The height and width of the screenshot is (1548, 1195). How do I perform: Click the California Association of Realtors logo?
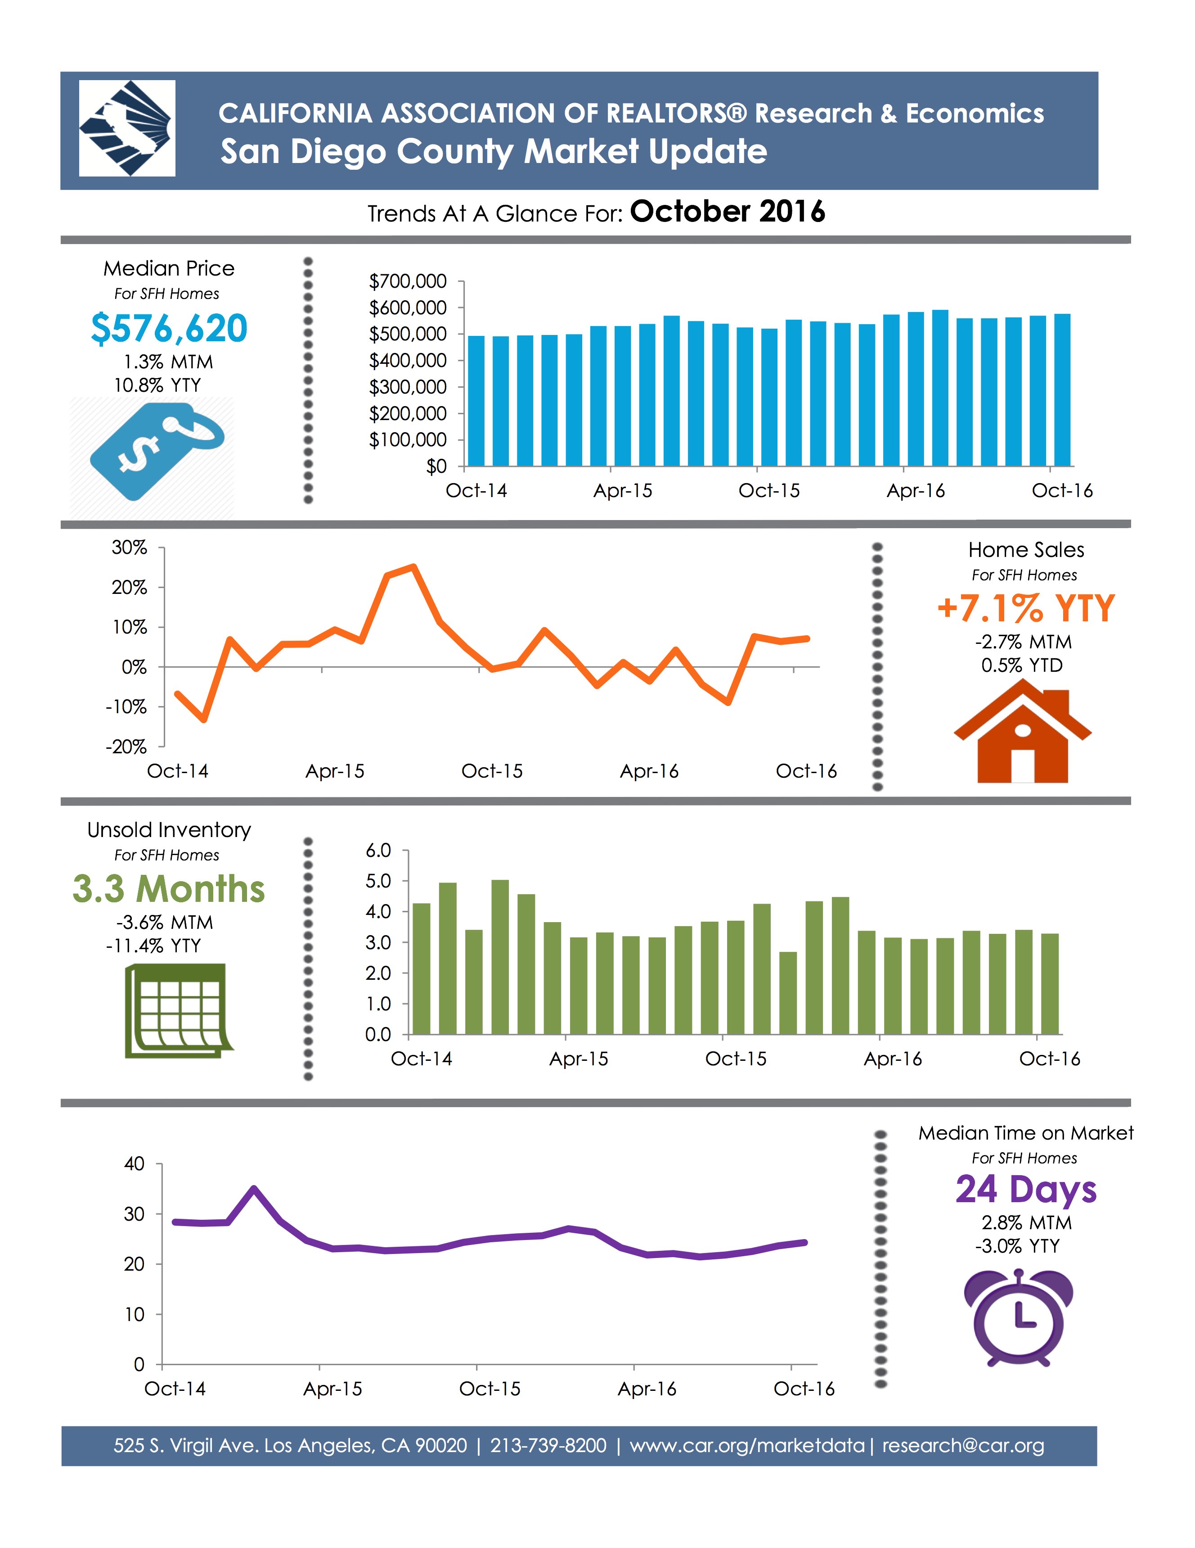(127, 128)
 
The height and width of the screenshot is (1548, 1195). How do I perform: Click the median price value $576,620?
(169, 328)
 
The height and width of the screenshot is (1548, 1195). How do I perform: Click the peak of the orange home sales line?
(413, 566)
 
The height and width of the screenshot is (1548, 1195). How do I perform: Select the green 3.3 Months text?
(169, 889)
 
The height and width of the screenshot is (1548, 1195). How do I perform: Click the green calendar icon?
(178, 1011)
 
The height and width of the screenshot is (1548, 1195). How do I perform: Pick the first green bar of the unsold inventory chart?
(421, 968)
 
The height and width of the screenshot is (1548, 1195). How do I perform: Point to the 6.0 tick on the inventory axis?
(378, 850)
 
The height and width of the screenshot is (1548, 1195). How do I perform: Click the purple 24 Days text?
(1025, 1190)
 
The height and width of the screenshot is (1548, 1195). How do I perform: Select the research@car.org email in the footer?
(963, 1445)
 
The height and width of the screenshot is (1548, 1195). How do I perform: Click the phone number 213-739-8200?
(548, 1445)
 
